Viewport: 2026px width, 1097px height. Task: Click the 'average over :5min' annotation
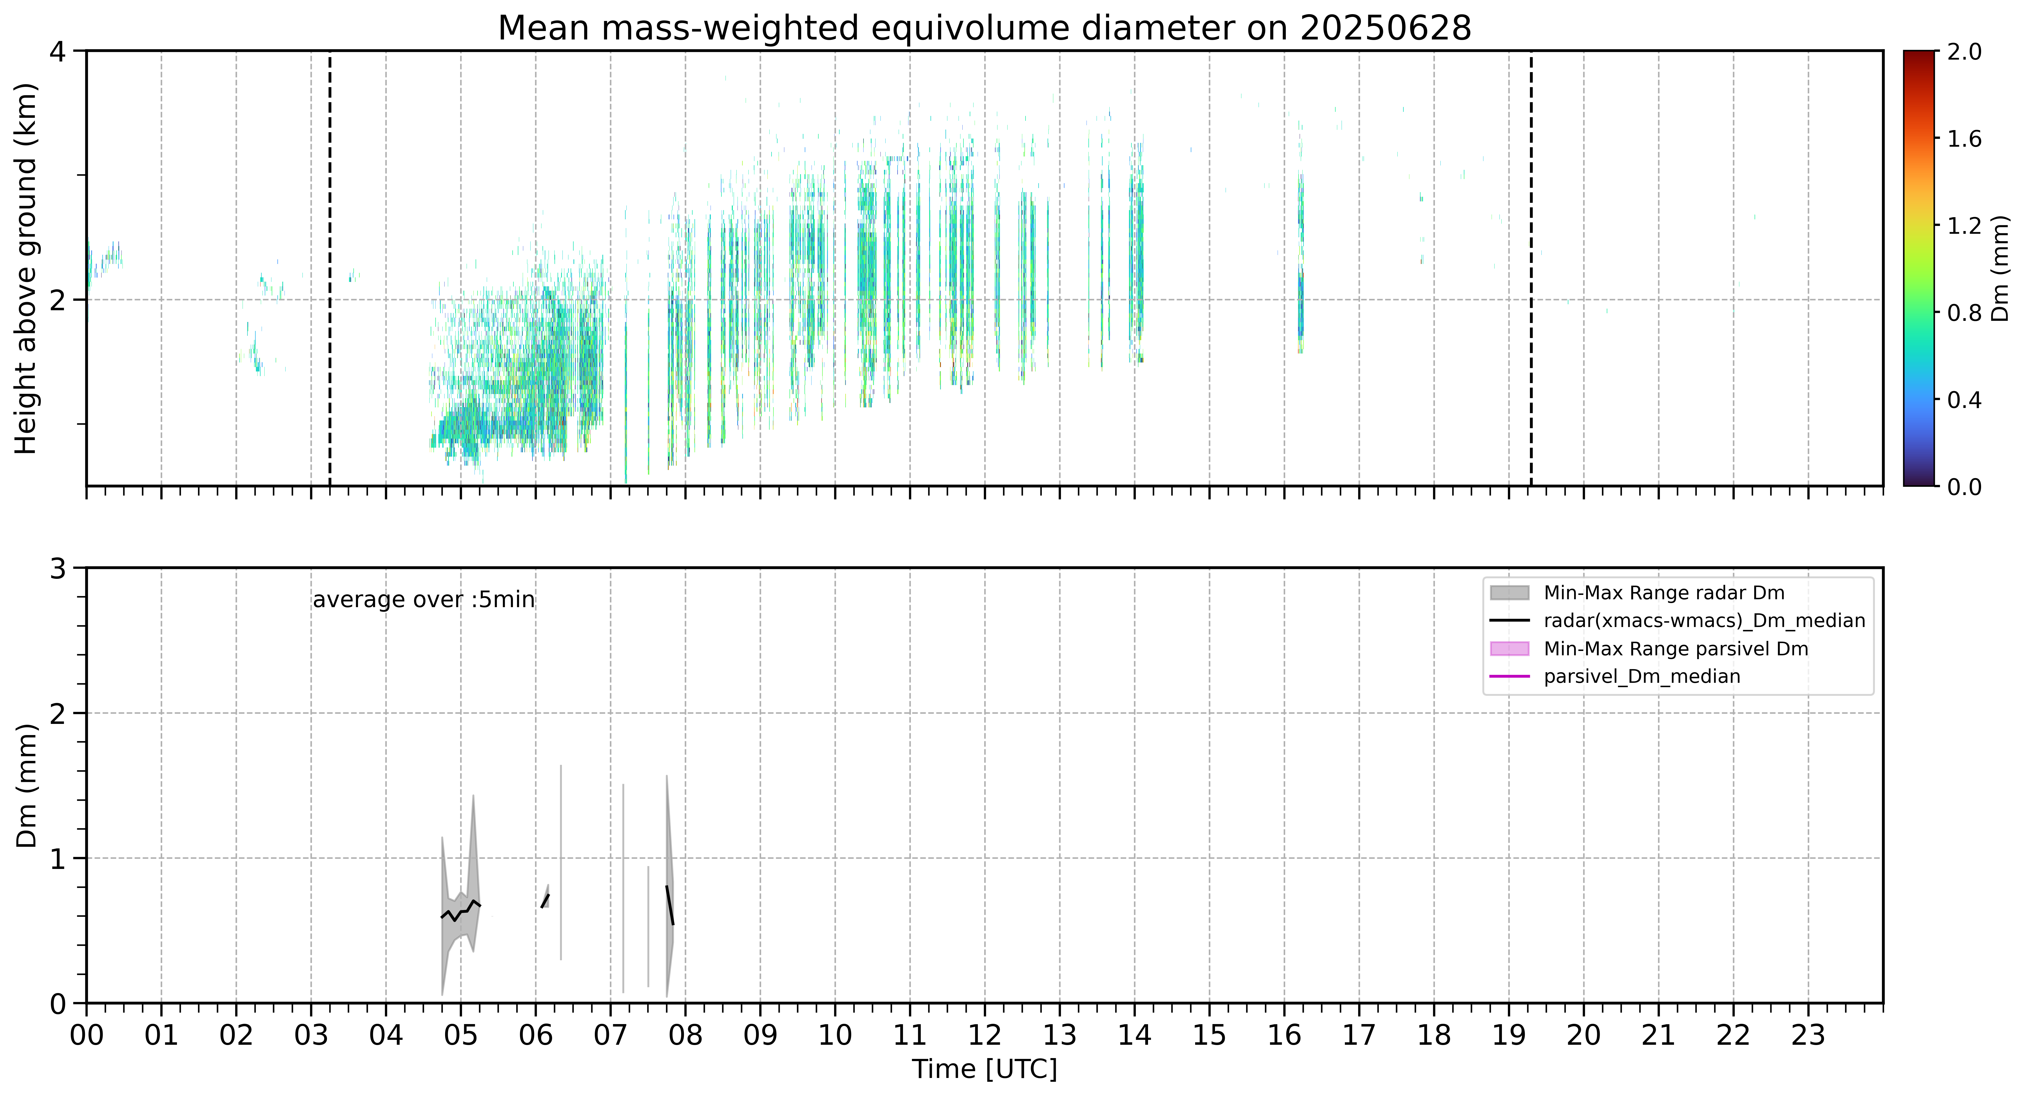pos(423,600)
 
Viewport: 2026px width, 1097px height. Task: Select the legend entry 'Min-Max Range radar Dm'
pos(1663,593)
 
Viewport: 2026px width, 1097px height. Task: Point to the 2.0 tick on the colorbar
pos(1964,52)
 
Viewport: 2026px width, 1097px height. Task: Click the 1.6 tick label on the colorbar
pos(1964,139)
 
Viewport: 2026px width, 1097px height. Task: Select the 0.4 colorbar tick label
pos(1964,400)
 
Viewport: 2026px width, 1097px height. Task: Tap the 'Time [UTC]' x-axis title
pos(985,1070)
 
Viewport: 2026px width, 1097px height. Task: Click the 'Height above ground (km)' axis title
pos(26,268)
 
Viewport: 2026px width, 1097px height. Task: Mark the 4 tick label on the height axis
pos(57,52)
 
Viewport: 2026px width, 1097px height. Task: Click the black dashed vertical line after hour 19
pos(1531,268)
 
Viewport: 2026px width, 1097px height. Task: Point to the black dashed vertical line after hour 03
pos(329,268)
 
